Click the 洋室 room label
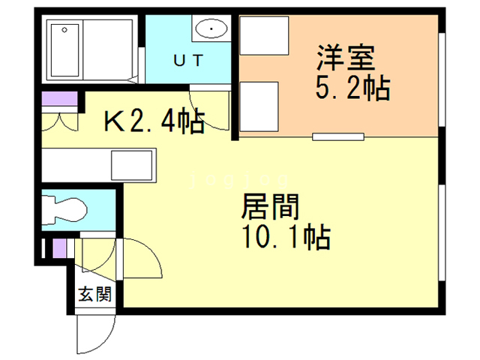tap(346, 57)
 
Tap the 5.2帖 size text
tap(351, 88)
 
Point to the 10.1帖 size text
tap(286, 238)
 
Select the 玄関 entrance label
tap(95, 294)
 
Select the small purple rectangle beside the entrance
tap(60, 247)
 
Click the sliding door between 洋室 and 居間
tap(338, 136)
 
